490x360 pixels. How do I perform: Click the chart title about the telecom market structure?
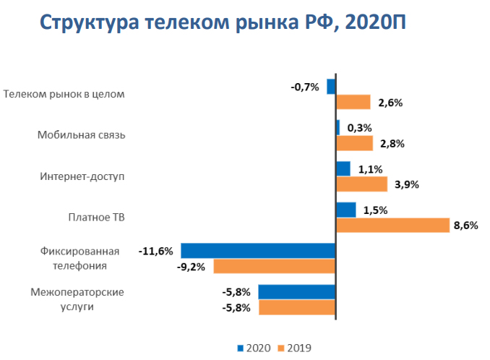click(223, 22)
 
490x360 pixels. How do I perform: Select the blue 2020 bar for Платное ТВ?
click(346, 210)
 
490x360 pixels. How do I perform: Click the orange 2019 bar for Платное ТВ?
click(392, 226)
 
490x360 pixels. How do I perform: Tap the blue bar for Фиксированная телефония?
click(258, 251)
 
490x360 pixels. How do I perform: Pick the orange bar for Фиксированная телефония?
click(275, 267)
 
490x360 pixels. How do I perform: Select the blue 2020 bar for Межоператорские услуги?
click(297, 292)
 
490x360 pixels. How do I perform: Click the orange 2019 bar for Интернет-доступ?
click(362, 184)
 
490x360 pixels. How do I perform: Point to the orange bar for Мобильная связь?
click(355, 143)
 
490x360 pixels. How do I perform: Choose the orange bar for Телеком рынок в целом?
click(353, 102)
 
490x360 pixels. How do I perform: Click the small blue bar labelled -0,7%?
click(332, 87)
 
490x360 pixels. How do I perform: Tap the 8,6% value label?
click(465, 226)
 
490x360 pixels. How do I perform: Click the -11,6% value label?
click(155, 252)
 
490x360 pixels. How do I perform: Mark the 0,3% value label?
click(359, 128)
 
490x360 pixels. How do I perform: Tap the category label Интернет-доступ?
click(82, 176)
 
